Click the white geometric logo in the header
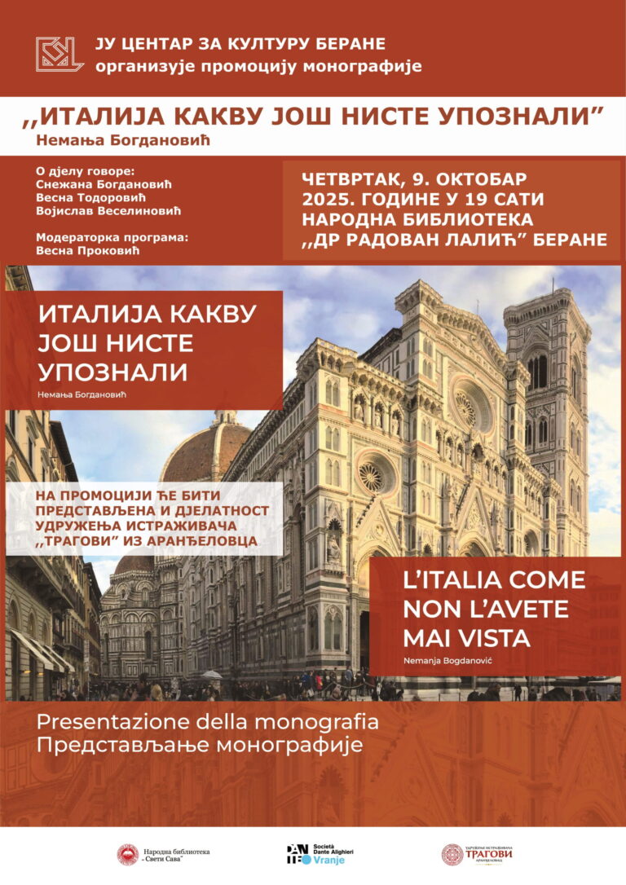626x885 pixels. (x=59, y=54)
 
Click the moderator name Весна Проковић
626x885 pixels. (x=88, y=250)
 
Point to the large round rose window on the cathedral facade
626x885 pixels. (x=469, y=401)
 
